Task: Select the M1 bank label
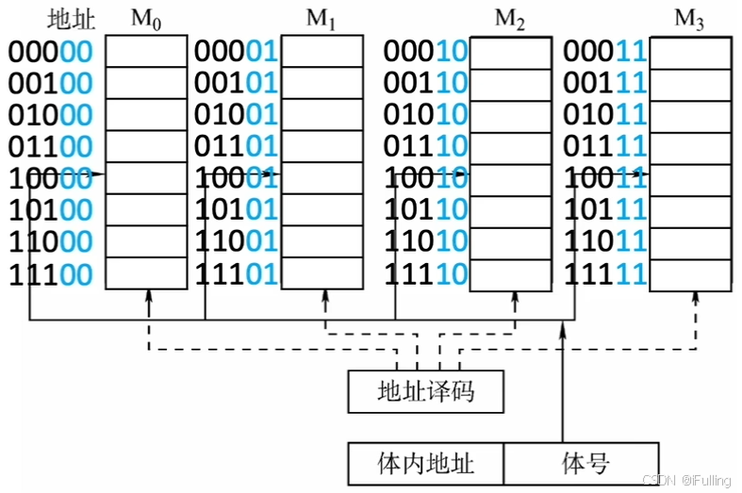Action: [x=322, y=19]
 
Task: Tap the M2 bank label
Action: [x=510, y=19]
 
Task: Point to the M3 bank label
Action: [x=689, y=19]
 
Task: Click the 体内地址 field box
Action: [x=425, y=464]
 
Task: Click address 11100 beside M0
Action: [x=51, y=274]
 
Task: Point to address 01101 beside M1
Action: [x=236, y=147]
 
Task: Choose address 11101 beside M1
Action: [x=236, y=274]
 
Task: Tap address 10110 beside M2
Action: [x=425, y=210]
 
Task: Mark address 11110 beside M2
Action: [x=425, y=274]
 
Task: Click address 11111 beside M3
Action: [x=604, y=274]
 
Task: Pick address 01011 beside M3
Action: [x=604, y=115]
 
